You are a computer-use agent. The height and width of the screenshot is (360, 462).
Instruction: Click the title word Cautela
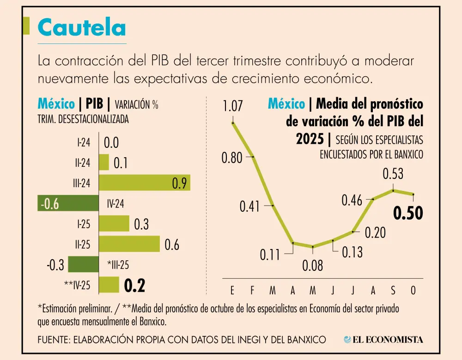point(81,28)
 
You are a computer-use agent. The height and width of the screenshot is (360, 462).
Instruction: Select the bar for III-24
point(145,183)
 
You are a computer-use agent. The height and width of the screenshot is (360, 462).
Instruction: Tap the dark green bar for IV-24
point(68,203)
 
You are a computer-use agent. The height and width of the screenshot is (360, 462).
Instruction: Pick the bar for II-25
point(129,244)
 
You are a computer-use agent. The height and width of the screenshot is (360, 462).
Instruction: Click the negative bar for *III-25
point(83,264)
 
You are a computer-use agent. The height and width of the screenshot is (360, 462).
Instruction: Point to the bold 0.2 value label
point(135,286)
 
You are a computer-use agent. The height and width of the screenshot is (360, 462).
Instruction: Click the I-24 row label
point(84,142)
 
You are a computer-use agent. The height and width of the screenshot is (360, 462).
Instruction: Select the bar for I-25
point(114,223)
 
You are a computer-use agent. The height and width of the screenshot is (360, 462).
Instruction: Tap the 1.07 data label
point(232,106)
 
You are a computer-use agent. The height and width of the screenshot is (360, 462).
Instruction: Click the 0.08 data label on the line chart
point(313,266)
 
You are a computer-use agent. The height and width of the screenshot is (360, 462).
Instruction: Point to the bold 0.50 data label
point(408,214)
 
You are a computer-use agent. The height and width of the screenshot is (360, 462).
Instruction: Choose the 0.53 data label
point(393,174)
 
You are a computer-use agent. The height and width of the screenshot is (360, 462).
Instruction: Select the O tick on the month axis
point(413,291)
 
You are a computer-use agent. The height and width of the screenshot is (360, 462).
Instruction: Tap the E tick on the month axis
point(232,291)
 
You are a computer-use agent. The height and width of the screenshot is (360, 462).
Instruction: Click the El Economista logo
point(383,340)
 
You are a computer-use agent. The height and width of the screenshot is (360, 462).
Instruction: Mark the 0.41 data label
point(250,207)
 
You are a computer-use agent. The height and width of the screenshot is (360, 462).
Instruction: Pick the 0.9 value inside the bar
point(179,183)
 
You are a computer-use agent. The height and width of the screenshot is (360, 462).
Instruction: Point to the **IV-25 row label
point(77,285)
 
